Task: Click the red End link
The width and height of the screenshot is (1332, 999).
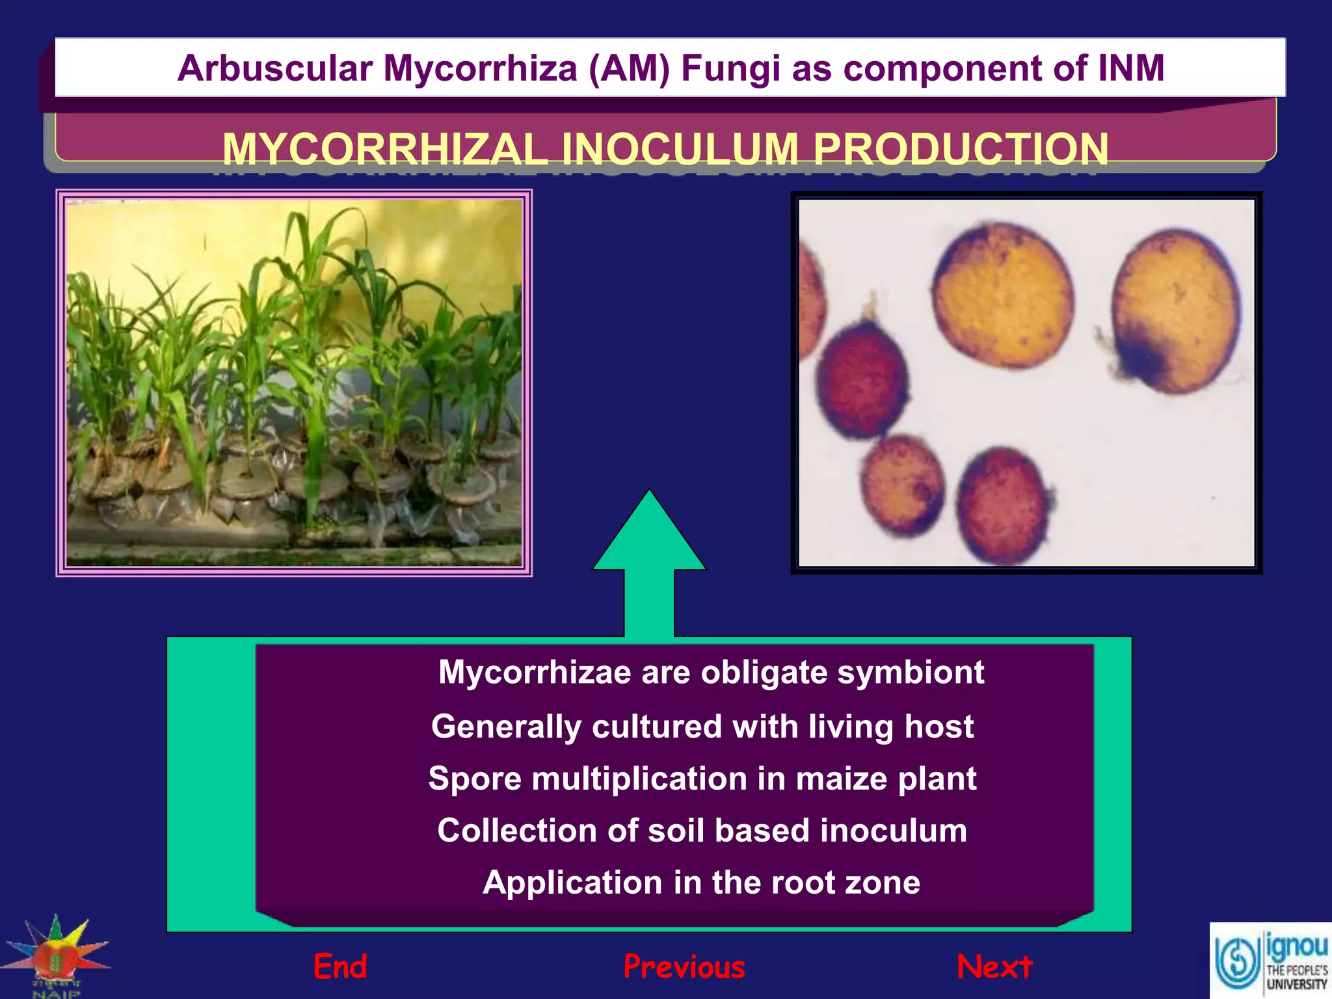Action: [340, 966]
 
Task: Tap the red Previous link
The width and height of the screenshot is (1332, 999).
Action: [684, 966]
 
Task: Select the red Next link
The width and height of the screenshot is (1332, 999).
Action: [994, 966]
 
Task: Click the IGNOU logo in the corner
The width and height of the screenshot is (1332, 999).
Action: [1270, 961]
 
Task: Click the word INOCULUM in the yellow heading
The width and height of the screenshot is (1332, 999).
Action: [680, 149]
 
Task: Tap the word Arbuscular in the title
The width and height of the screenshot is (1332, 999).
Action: [275, 68]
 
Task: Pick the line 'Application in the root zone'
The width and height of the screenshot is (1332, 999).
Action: [701, 883]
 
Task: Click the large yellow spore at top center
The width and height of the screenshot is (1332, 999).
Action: [1002, 296]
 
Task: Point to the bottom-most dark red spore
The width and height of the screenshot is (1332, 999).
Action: [1002, 505]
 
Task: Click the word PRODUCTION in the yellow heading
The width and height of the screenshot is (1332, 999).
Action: [961, 149]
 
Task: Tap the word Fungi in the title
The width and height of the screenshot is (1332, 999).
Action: [730, 68]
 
